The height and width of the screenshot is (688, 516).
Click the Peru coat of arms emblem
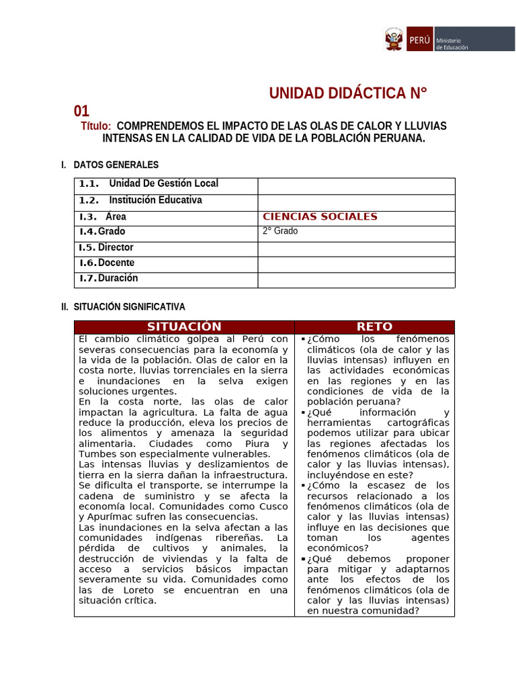pyautogui.click(x=393, y=39)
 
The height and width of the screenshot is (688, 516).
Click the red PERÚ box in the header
pyautogui.click(x=418, y=39)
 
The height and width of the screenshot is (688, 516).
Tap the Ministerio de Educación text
pyautogui.click(x=452, y=43)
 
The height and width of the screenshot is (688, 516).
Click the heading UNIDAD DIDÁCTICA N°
pyautogui.click(x=348, y=93)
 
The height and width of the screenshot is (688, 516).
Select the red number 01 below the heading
pyautogui.click(x=81, y=112)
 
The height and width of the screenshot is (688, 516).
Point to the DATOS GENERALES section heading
pyautogui.click(x=116, y=165)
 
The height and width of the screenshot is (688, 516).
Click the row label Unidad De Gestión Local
pyautogui.click(x=163, y=183)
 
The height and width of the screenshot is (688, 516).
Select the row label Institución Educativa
pyautogui.click(x=155, y=200)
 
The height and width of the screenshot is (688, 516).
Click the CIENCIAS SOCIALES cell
pyautogui.click(x=320, y=216)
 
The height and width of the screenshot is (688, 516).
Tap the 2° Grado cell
pyautogui.click(x=280, y=231)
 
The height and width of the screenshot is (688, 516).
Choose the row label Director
pyautogui.click(x=116, y=247)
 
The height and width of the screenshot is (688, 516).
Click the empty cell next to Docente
pyautogui.click(x=356, y=263)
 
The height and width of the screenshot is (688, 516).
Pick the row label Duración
pyautogui.click(x=118, y=278)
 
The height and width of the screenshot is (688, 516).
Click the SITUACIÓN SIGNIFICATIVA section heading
pyautogui.click(x=129, y=307)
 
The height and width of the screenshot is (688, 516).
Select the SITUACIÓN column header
pyautogui.click(x=184, y=327)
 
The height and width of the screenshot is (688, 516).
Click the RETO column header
pyautogui.click(x=374, y=327)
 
